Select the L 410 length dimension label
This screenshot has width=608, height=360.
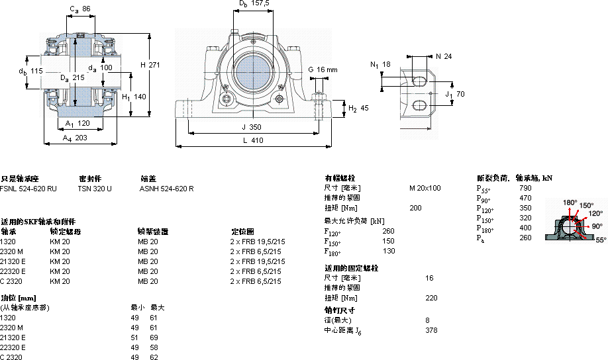click(x=253, y=140)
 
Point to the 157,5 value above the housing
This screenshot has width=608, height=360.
click(x=260, y=3)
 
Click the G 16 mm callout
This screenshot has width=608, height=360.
click(x=323, y=69)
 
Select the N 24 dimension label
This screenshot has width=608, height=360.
click(x=443, y=56)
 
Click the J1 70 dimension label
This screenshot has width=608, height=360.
click(x=454, y=94)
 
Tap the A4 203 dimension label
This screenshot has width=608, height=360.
click(x=75, y=138)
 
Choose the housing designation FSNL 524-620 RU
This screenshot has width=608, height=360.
click(x=28, y=189)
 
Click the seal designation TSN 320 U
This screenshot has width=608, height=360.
click(x=95, y=189)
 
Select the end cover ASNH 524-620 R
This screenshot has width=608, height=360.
click(x=166, y=189)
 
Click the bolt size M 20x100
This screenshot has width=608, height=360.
click(x=425, y=188)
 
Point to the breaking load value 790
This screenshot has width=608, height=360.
click(x=525, y=188)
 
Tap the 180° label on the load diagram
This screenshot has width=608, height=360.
click(x=570, y=202)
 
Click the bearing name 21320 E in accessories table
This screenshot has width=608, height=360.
click(x=13, y=261)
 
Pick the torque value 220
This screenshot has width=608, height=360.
click(x=431, y=298)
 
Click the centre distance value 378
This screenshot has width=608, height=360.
click(x=431, y=330)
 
